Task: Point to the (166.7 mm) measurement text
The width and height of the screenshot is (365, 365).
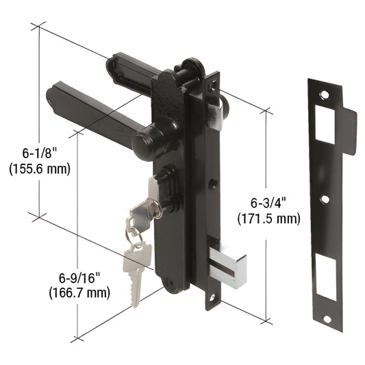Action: click(79, 293)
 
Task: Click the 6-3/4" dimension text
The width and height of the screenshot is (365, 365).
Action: click(268, 203)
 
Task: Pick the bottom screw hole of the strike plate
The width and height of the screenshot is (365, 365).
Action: click(327, 318)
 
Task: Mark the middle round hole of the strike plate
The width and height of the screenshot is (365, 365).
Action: click(325, 199)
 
